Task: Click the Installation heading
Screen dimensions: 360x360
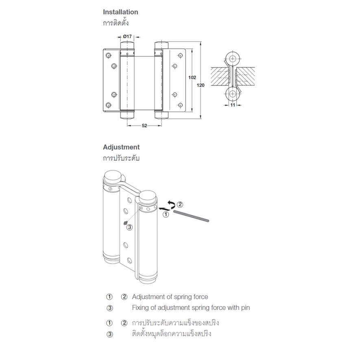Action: point(120,12)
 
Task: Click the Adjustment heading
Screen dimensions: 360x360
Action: point(121,147)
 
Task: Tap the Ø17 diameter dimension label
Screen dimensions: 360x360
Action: point(127,37)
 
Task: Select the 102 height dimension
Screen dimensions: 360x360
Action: point(192,78)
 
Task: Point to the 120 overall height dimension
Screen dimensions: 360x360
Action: point(201,85)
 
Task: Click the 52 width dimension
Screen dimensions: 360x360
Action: point(144,126)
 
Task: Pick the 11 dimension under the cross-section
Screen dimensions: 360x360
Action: point(233,105)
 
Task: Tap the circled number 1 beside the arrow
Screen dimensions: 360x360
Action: point(166,214)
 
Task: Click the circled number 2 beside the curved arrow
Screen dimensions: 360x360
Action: point(180,204)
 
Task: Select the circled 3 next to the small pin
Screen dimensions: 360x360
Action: point(130,227)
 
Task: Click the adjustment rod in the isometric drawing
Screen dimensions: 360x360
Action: point(191,216)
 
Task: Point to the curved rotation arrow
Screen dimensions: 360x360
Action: point(172,204)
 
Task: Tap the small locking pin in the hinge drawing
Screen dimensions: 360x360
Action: point(125,223)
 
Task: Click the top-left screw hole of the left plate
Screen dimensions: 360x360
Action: point(108,55)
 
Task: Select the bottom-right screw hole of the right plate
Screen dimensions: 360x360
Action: point(180,105)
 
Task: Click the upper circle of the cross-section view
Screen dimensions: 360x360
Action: point(233,59)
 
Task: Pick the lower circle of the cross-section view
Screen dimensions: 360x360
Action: point(233,94)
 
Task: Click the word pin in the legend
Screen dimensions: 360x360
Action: point(245,308)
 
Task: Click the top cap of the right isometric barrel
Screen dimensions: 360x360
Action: point(148,197)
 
